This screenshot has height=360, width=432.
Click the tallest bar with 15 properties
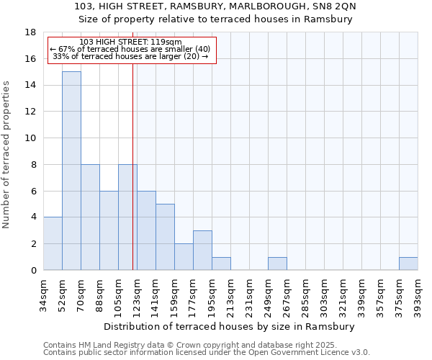click(71, 171)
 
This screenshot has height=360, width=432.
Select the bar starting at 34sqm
click(53, 243)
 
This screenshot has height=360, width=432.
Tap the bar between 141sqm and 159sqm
click(165, 237)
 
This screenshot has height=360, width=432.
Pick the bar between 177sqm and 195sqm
click(202, 250)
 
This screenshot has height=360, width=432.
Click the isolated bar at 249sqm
click(277, 264)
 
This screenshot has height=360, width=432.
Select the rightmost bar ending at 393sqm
click(408, 264)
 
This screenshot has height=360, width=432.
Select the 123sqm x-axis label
click(138, 295)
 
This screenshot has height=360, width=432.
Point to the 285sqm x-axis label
click(306, 295)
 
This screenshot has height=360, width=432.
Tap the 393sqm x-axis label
click(418, 295)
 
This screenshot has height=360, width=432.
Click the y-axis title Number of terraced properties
click(6, 155)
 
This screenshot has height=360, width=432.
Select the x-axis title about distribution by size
click(230, 326)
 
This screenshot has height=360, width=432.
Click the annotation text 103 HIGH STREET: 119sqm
click(130, 42)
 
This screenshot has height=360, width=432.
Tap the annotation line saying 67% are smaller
click(130, 50)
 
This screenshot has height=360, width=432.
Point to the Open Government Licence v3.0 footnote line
click(207, 353)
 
